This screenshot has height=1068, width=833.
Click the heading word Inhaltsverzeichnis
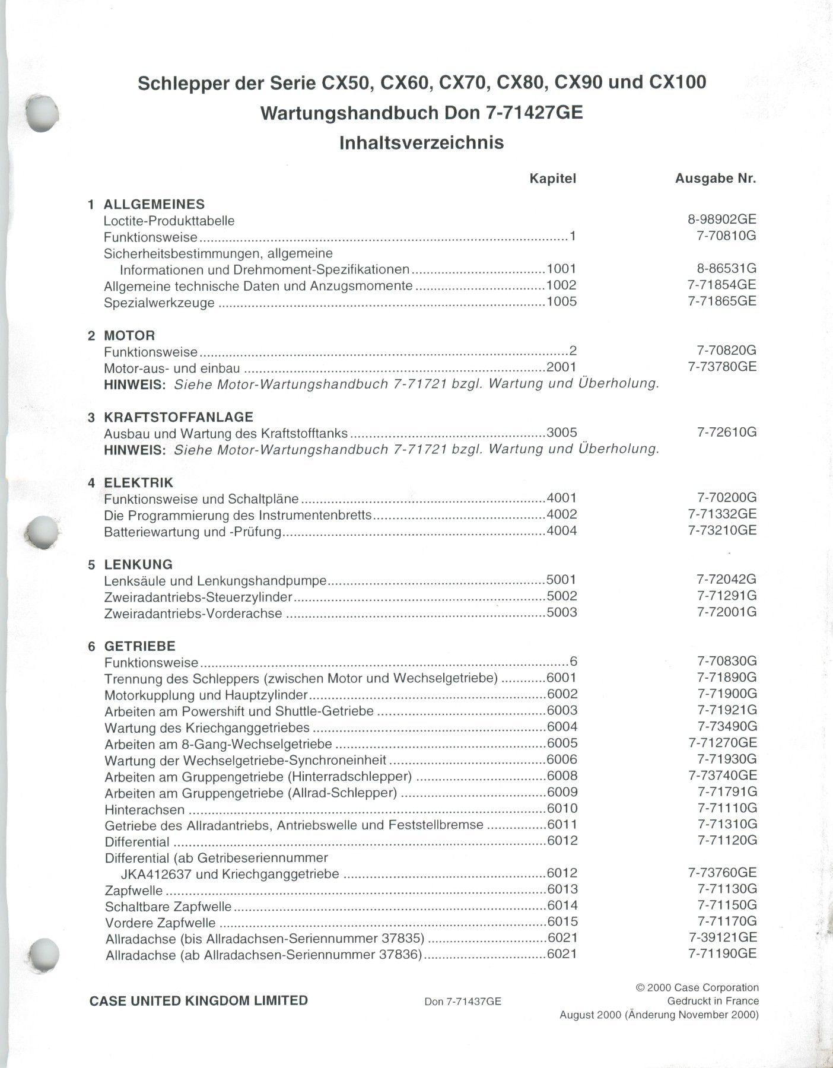click(x=421, y=143)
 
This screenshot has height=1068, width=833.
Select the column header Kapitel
click(x=552, y=179)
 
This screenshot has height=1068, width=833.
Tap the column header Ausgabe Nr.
click(x=716, y=179)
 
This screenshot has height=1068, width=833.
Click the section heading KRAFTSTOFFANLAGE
click(x=179, y=417)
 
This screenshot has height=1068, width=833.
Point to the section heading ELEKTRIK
click(x=139, y=482)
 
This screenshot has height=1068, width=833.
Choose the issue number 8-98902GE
click(x=722, y=220)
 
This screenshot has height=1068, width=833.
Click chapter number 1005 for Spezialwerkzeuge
click(x=561, y=301)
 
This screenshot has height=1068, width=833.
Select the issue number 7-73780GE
click(x=722, y=367)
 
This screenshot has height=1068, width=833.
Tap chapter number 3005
click(x=561, y=433)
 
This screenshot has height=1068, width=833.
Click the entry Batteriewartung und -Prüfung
click(x=192, y=532)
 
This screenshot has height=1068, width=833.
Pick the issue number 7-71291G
click(x=727, y=596)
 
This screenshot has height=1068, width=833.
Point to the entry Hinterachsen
click(x=144, y=809)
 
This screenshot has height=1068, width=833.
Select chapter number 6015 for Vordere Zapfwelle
click(x=562, y=921)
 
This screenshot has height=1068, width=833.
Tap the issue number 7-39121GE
click(x=722, y=937)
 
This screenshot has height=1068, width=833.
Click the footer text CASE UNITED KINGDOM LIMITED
click(x=198, y=1001)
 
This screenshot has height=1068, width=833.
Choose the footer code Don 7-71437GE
click(x=463, y=1002)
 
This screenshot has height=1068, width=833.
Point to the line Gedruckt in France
click(x=713, y=1001)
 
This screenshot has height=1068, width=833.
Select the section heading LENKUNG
click(x=138, y=564)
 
